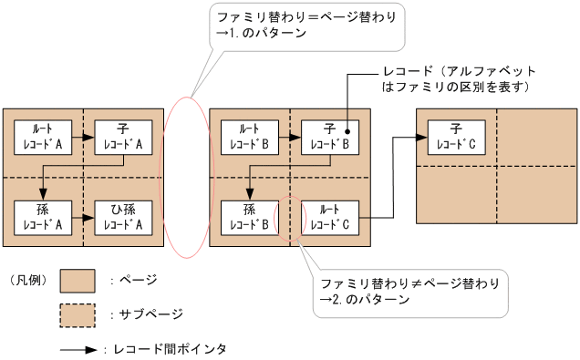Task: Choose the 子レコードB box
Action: click(x=330, y=136)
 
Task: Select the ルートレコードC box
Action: click(x=330, y=215)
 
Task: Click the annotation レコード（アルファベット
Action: click(x=458, y=71)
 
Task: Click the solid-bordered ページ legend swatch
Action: click(x=78, y=280)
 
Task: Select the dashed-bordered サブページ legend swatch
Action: click(x=78, y=314)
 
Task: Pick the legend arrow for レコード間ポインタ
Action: click(x=78, y=348)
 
